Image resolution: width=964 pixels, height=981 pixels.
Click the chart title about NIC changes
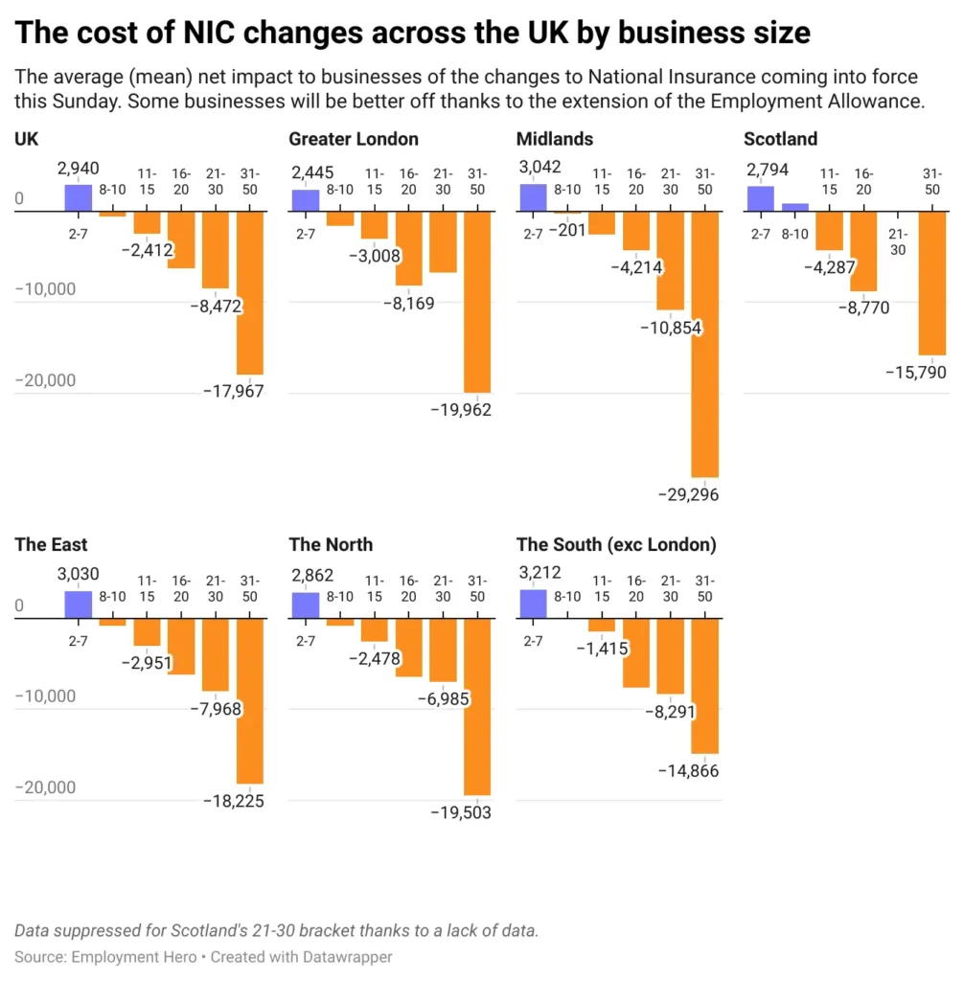[x=412, y=34]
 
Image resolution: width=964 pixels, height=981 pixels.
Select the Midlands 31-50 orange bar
[x=704, y=345]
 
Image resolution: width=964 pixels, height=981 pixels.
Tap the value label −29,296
[x=687, y=494]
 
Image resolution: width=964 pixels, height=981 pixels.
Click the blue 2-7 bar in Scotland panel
[x=760, y=198]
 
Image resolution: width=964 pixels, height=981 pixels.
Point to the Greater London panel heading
[x=354, y=139]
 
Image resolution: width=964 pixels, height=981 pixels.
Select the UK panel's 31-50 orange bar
[x=249, y=292]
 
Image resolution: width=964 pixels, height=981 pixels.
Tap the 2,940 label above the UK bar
[x=78, y=169]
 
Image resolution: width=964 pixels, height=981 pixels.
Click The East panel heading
[x=51, y=544]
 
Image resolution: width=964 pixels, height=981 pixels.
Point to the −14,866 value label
[x=687, y=770]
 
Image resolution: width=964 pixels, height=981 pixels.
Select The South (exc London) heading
[x=616, y=544]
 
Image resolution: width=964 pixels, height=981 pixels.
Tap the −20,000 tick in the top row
[x=45, y=380]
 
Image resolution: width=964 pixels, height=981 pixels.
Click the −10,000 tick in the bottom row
[x=45, y=695]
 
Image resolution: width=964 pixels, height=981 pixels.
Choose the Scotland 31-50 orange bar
[x=932, y=283]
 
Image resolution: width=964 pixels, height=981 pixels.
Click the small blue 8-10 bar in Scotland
[x=794, y=207]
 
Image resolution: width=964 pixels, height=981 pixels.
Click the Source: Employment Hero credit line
[x=203, y=956]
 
